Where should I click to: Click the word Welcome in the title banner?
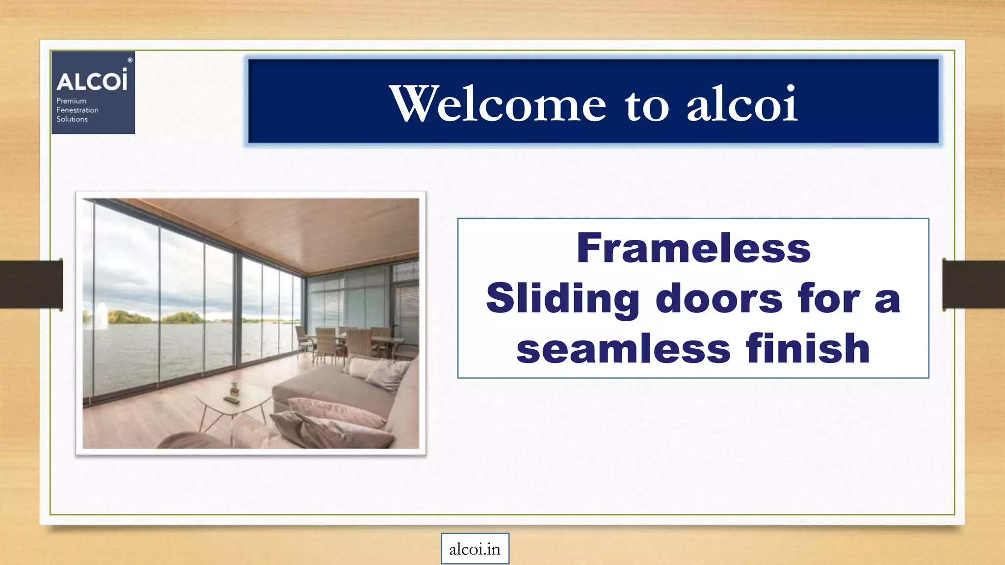coord(498,103)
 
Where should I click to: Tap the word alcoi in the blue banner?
coord(741,103)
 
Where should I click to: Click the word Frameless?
coord(693,248)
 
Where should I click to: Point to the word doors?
coord(719,298)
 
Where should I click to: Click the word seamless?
coord(623,349)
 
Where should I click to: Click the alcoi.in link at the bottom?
coord(475,549)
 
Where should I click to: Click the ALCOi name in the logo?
coord(92,80)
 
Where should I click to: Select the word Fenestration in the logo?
coord(78,110)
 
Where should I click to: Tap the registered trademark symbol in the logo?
coord(130,60)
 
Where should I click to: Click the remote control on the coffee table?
coord(231,400)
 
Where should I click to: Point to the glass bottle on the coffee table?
coord(234,389)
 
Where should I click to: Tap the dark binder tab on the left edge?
coord(31,284)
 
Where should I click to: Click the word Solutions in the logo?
coord(72,119)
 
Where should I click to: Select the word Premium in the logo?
coord(71,101)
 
